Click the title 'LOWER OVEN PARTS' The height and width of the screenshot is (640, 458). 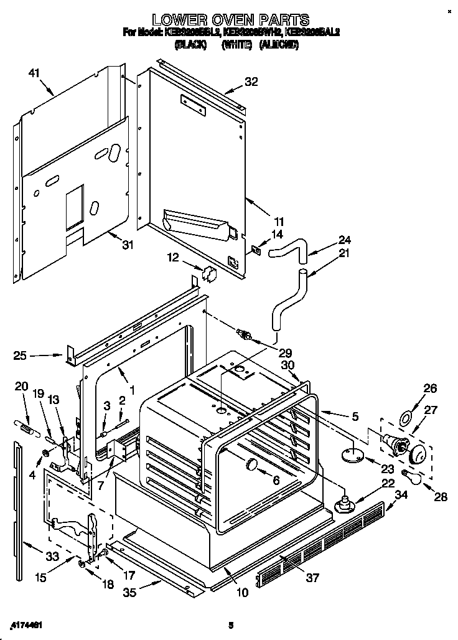(x=231, y=20)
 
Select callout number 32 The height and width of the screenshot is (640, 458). (x=251, y=82)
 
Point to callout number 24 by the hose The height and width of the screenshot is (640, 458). (x=345, y=240)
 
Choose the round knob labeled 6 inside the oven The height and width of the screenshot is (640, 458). (x=251, y=464)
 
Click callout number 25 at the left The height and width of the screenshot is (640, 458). (x=21, y=356)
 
